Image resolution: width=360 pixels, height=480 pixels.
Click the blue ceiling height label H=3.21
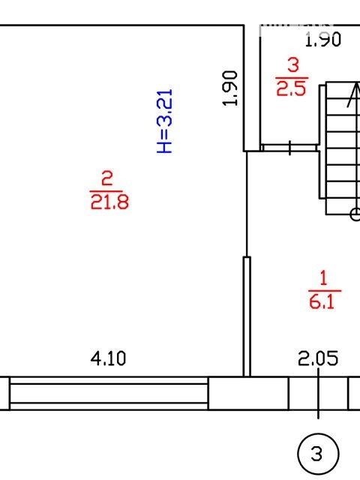(x=165, y=121)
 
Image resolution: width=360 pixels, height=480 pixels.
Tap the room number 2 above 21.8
(x=106, y=178)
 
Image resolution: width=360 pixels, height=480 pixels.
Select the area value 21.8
(x=109, y=202)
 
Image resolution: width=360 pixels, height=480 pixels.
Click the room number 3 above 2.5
(x=293, y=65)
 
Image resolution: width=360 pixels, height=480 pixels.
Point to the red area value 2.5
(x=291, y=88)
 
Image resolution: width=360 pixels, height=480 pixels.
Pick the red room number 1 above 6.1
(x=323, y=278)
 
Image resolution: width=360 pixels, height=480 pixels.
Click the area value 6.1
(x=322, y=301)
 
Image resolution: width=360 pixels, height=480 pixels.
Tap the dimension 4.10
(x=108, y=358)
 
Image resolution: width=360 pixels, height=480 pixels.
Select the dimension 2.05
(x=318, y=358)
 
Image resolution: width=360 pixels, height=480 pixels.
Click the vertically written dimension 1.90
(x=230, y=88)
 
